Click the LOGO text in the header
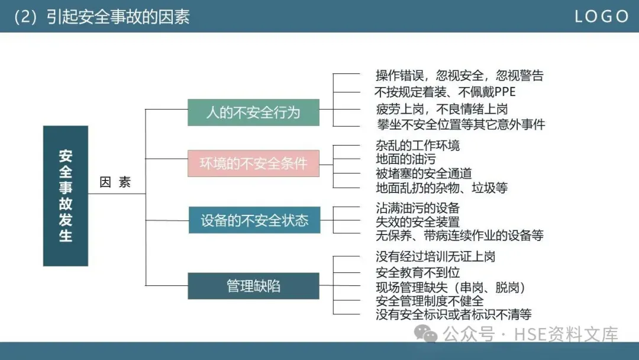click(601, 17)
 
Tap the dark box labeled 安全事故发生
click(66, 195)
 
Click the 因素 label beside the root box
click(115, 182)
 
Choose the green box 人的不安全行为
click(253, 112)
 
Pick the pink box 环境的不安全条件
click(253, 163)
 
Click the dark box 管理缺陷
click(253, 286)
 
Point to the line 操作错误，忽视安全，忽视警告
click(459, 75)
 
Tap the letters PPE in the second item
click(504, 92)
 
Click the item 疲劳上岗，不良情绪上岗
click(441, 108)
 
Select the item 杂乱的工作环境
click(417, 144)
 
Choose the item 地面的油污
click(405, 159)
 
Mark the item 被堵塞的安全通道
click(424, 173)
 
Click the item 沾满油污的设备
click(417, 207)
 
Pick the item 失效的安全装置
click(417, 222)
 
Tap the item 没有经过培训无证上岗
click(435, 256)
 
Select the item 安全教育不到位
click(417, 272)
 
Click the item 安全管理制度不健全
click(430, 301)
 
